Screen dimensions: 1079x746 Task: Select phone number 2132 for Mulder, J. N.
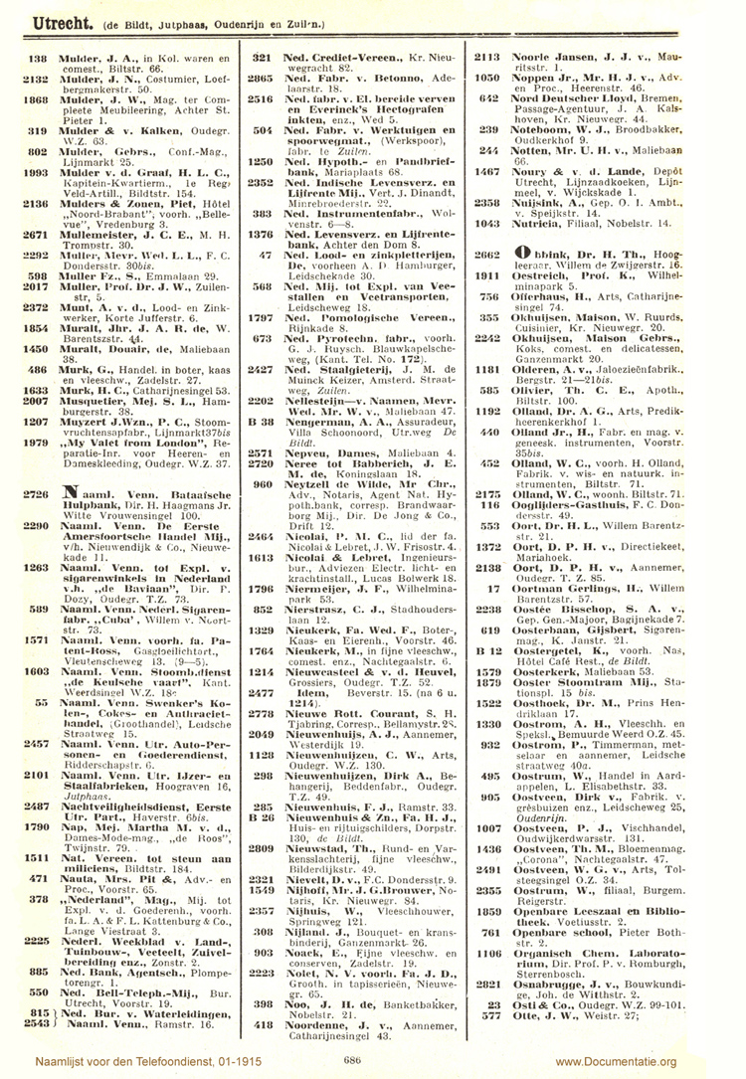click(37, 78)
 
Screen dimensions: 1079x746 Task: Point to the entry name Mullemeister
click(98, 261)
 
